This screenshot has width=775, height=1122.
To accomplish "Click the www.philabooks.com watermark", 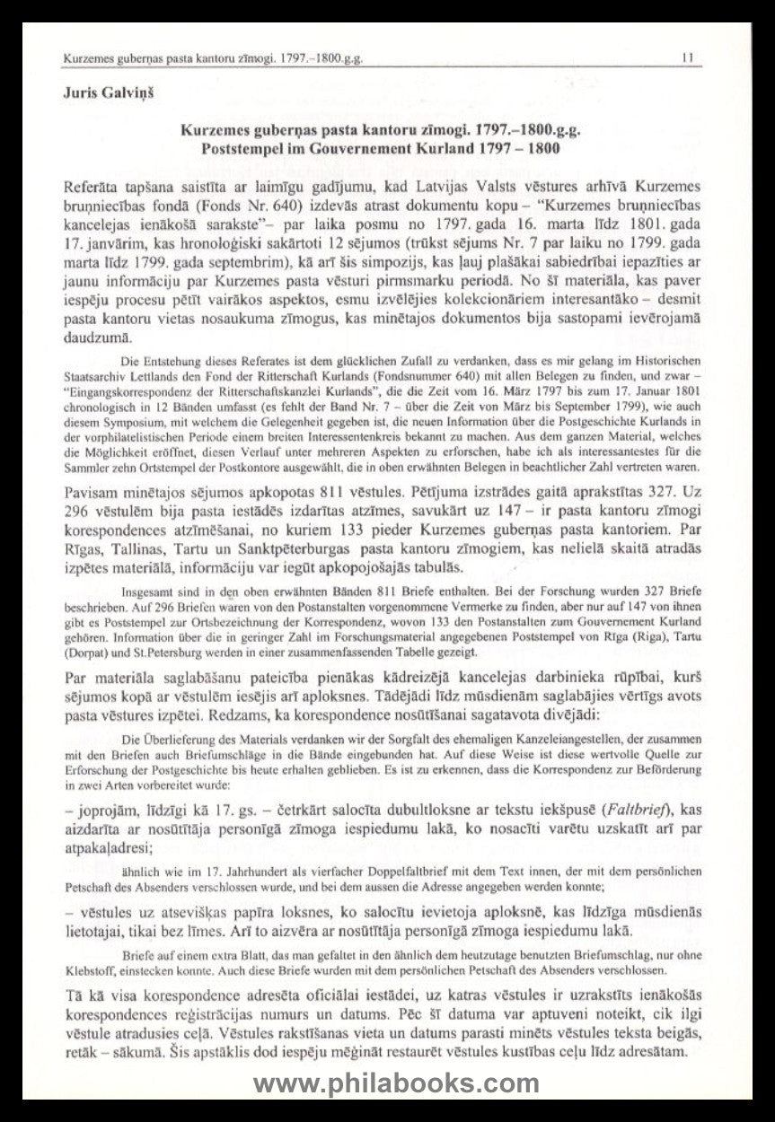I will [395, 1083].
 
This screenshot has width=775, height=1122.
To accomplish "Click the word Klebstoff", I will [91, 971].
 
